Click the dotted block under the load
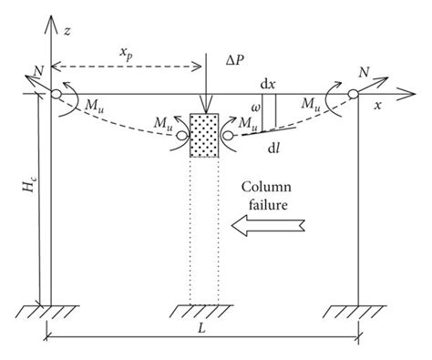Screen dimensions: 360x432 click(205, 135)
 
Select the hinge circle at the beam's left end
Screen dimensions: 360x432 click(57, 93)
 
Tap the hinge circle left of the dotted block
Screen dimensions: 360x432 click(181, 136)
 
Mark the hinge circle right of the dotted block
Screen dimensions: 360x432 click(228, 136)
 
